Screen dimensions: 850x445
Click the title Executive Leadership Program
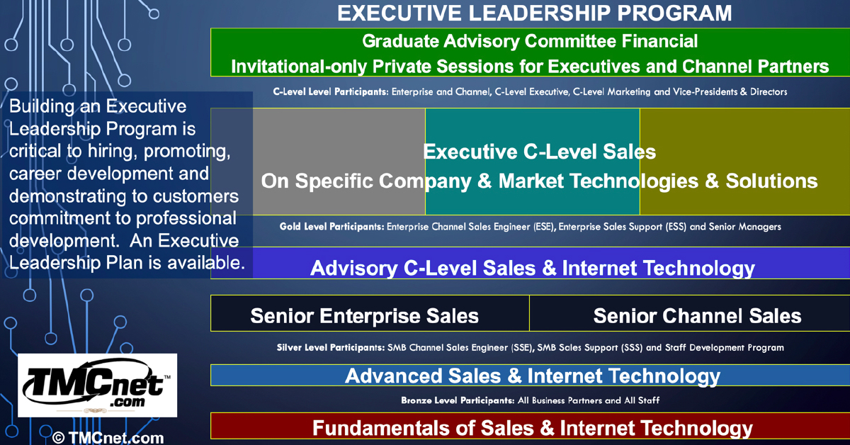tap(534, 13)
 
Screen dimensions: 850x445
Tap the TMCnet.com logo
tap(98, 385)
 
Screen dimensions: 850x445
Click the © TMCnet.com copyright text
tap(108, 437)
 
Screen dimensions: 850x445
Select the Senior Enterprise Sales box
tap(370, 313)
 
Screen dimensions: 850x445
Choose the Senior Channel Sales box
tap(689, 313)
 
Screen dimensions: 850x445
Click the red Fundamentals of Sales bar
tap(530, 426)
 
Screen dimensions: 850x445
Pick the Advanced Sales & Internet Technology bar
tap(530, 376)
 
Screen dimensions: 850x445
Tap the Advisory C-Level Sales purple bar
tap(530, 263)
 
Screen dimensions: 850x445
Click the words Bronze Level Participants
tap(458, 400)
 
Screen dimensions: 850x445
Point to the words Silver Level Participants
tap(331, 347)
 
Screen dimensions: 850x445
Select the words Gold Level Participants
tap(331, 227)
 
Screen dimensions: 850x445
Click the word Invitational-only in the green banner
tap(299, 67)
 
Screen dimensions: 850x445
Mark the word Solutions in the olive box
tap(771, 181)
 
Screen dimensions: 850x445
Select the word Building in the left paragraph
tap(42, 107)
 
